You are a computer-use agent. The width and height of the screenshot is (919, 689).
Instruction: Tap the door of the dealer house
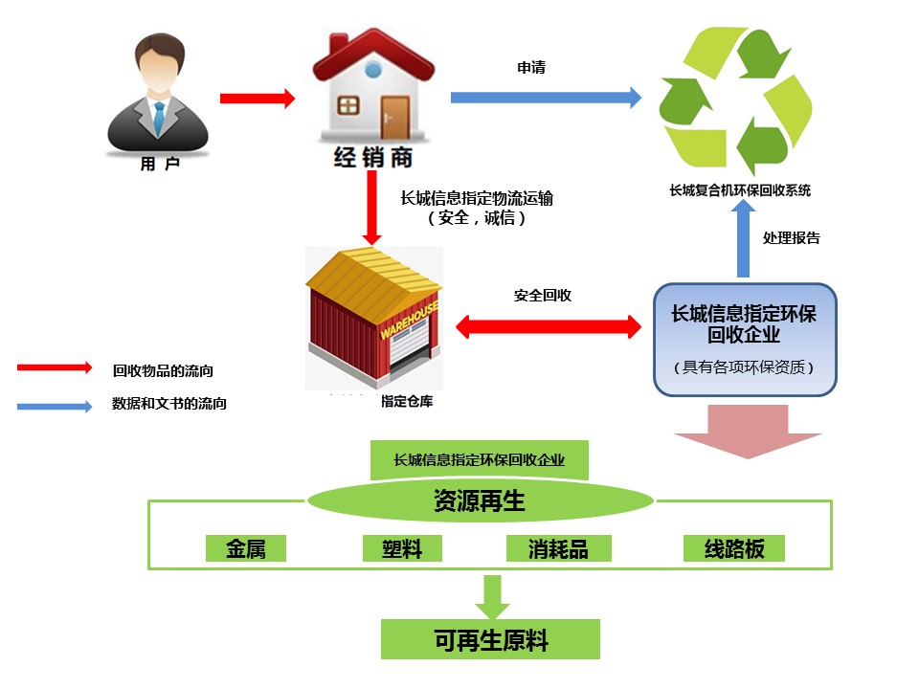pyautogui.click(x=393, y=117)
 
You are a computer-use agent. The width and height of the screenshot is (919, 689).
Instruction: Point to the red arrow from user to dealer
pyautogui.click(x=257, y=98)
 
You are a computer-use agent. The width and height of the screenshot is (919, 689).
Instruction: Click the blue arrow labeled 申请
pyautogui.click(x=545, y=97)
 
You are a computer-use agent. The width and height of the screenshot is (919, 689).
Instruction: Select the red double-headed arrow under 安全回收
pyautogui.click(x=548, y=327)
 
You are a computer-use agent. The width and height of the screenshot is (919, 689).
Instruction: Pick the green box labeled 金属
pyautogui.click(x=246, y=548)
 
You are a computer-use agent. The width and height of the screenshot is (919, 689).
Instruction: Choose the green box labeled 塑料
pyautogui.click(x=403, y=548)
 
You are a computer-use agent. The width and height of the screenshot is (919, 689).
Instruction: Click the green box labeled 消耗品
pyautogui.click(x=558, y=548)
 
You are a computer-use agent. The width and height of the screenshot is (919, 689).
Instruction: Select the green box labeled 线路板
pyautogui.click(x=734, y=548)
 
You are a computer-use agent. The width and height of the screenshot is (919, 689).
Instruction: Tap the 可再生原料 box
pyautogui.click(x=490, y=639)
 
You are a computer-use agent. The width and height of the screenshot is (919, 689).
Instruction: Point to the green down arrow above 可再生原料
pyautogui.click(x=493, y=596)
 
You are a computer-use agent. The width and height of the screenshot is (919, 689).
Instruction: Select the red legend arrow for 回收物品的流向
pyautogui.click(x=54, y=367)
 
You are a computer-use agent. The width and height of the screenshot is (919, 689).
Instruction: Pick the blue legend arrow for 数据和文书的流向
pyautogui.click(x=54, y=405)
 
